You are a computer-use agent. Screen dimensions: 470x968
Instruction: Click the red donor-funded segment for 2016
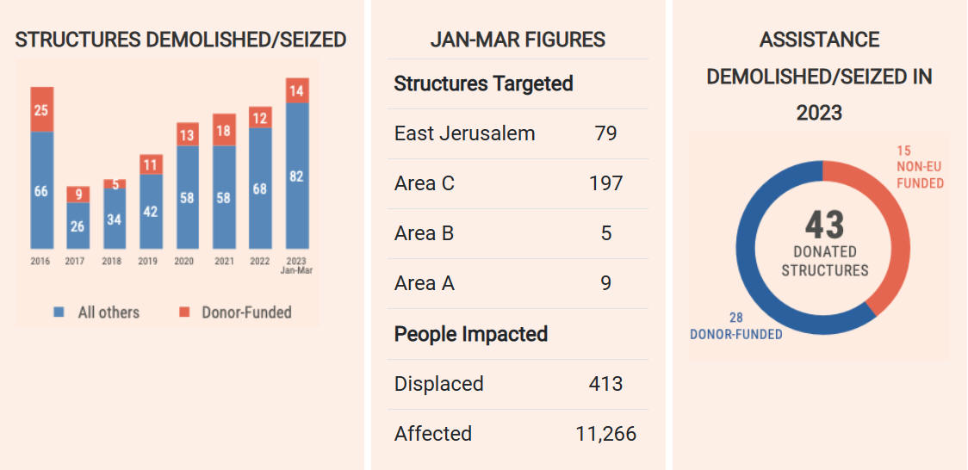tap(42, 109)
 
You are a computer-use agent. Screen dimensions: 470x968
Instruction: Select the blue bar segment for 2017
tap(78, 226)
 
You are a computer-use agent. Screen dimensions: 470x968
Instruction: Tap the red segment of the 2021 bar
tap(224, 130)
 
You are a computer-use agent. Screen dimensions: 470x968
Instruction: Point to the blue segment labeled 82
tap(297, 176)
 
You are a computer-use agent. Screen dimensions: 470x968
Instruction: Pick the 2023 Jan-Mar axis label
tap(297, 265)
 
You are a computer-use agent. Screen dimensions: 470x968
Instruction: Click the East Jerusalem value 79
tap(605, 133)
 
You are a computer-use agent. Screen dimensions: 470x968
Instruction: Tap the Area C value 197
tap(605, 183)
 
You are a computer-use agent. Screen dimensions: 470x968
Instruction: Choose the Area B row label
tap(424, 233)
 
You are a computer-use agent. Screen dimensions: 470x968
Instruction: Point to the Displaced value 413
tap(605, 383)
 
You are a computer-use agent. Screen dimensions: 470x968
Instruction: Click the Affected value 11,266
tap(605, 433)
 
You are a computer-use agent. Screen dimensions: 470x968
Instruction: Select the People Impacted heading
tap(470, 334)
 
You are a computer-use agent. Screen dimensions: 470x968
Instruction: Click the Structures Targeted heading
tap(483, 83)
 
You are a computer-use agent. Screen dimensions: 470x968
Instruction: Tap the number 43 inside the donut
tap(824, 226)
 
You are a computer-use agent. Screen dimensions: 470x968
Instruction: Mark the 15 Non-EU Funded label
tap(919, 167)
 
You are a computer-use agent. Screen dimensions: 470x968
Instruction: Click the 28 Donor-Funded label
tap(735, 326)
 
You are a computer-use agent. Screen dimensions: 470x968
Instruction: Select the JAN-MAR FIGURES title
tap(518, 40)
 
